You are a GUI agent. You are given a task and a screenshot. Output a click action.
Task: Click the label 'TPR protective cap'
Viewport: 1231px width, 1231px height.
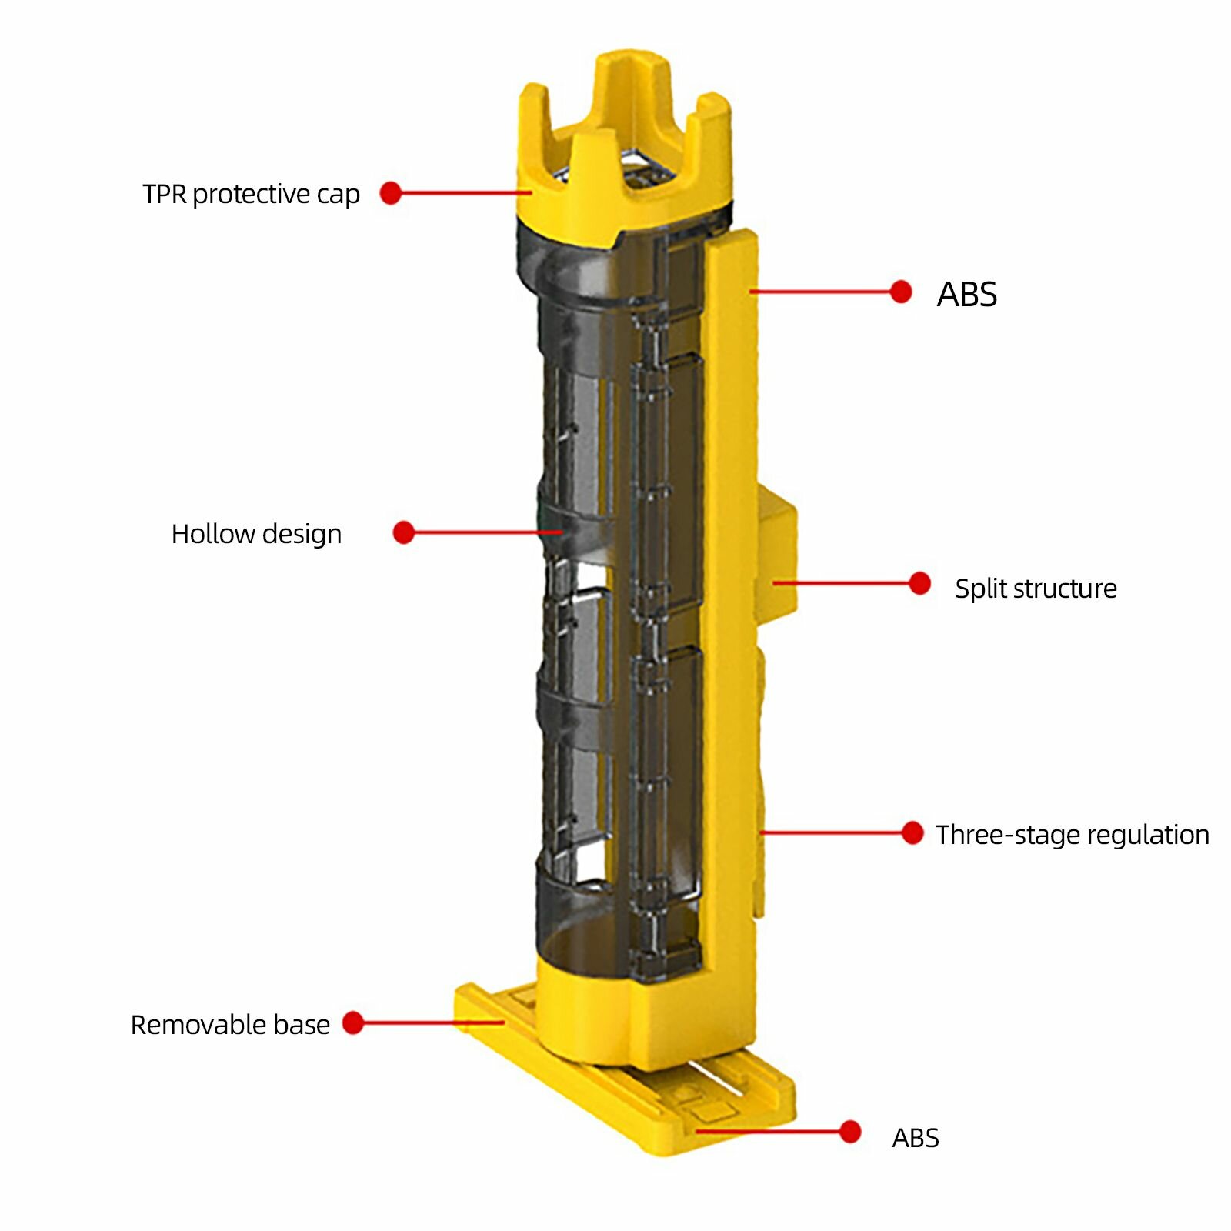point(251,194)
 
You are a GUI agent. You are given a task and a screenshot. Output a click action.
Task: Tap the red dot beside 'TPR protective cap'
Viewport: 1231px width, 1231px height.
point(391,193)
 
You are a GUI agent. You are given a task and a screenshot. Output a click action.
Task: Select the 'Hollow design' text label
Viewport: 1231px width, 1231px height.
point(256,534)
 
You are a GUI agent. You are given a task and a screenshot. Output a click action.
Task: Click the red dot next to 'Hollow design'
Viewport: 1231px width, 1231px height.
point(404,532)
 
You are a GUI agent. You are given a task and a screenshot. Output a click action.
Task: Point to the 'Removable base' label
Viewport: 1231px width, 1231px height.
point(230,1025)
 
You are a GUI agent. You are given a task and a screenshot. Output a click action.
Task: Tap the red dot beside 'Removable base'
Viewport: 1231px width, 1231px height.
point(353,1022)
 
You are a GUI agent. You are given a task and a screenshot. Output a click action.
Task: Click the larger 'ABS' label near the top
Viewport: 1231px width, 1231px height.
point(967,294)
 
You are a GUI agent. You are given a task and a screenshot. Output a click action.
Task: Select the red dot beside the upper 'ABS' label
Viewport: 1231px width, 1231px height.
point(901,292)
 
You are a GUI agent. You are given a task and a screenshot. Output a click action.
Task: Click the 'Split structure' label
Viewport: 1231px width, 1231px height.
point(1036,589)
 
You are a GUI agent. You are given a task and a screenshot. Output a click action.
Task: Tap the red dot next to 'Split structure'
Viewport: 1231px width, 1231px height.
point(919,583)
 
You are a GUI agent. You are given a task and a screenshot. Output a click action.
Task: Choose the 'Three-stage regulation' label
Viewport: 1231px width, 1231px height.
point(1073,835)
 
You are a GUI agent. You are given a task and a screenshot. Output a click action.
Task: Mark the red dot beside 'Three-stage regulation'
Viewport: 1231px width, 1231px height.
point(912,832)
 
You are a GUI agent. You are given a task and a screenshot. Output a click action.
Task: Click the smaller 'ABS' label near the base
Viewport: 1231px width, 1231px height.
point(916,1138)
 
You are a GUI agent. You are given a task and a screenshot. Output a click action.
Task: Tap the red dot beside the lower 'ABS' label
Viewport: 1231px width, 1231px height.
point(850,1132)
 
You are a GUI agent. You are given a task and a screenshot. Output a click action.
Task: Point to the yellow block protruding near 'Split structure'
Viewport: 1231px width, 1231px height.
point(776,559)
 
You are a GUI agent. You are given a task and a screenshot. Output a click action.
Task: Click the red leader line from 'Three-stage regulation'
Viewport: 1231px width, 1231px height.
point(831,832)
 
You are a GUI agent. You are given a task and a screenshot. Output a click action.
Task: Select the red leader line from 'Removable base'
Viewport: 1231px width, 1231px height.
point(433,1022)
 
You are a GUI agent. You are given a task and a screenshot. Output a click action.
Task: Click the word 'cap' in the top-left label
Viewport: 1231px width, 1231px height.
point(338,195)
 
